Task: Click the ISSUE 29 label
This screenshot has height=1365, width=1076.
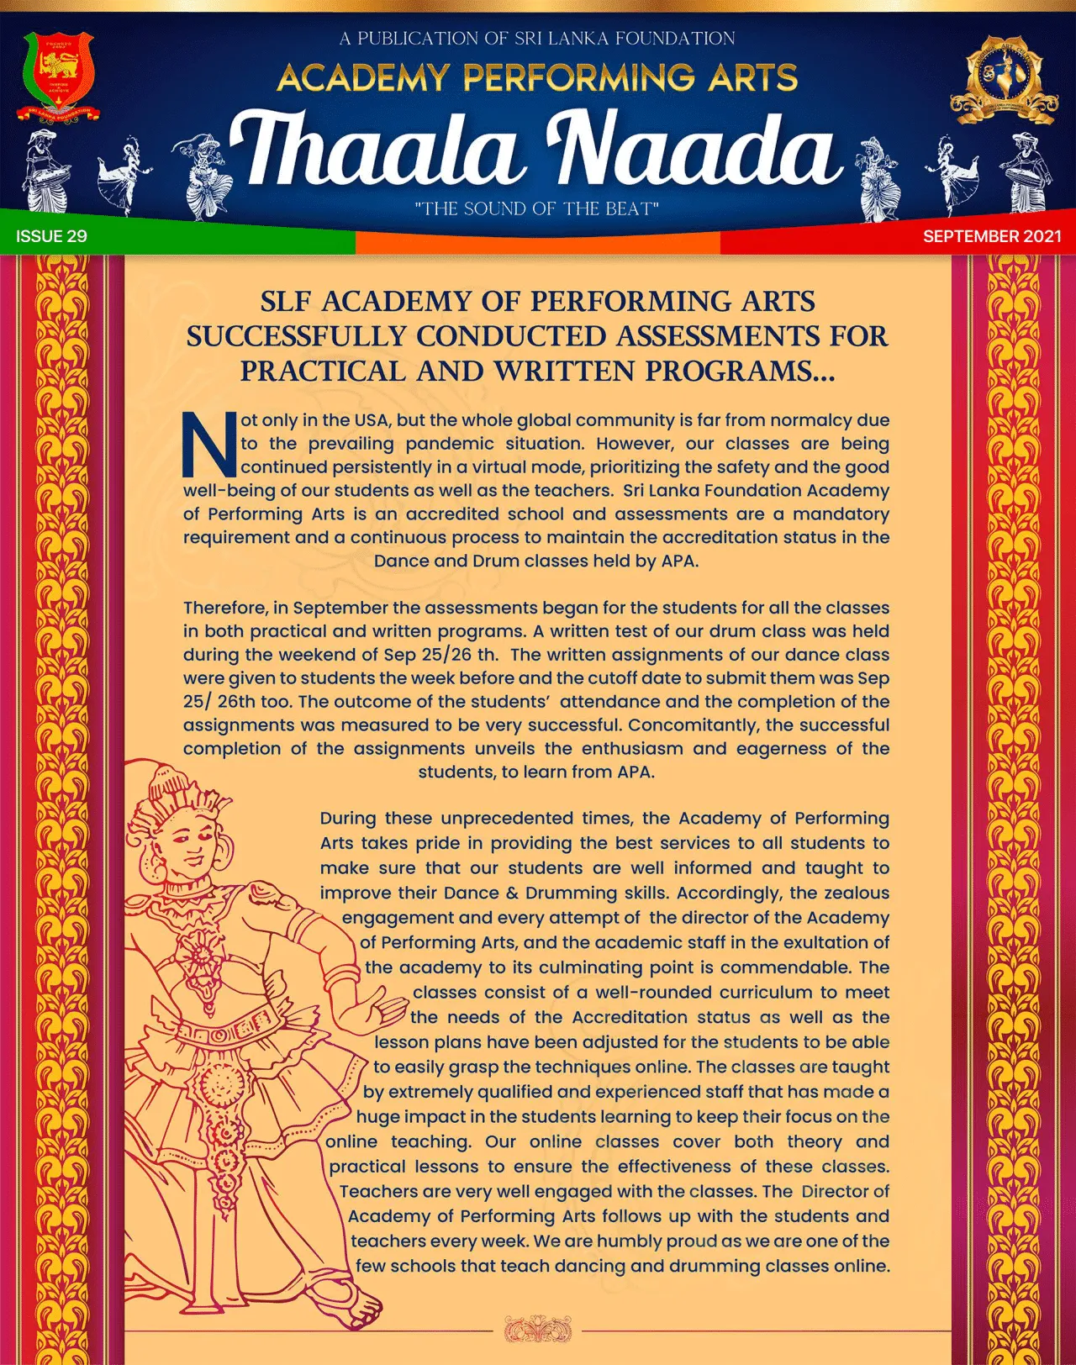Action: pyautogui.click(x=51, y=236)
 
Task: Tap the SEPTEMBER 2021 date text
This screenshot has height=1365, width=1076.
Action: pyautogui.click(x=992, y=236)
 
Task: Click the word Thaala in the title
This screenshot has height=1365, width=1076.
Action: pyautogui.click(x=373, y=150)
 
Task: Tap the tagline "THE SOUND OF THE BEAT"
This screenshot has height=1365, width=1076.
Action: pyautogui.click(x=536, y=208)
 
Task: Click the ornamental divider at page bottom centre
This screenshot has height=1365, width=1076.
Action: pyautogui.click(x=537, y=1331)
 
